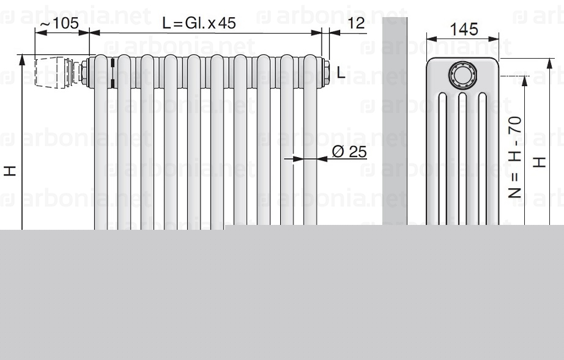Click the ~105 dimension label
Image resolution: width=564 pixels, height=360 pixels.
click(x=59, y=23)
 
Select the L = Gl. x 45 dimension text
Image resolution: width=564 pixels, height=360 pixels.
click(x=199, y=23)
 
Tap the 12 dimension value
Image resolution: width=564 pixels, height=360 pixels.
click(x=357, y=23)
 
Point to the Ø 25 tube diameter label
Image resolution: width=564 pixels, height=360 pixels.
click(x=349, y=152)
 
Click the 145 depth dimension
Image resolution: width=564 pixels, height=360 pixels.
click(x=464, y=29)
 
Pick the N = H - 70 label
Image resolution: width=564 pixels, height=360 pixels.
click(x=515, y=157)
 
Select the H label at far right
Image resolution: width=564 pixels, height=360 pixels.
click(x=539, y=163)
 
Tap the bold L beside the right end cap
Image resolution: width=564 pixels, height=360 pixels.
click(x=341, y=73)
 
